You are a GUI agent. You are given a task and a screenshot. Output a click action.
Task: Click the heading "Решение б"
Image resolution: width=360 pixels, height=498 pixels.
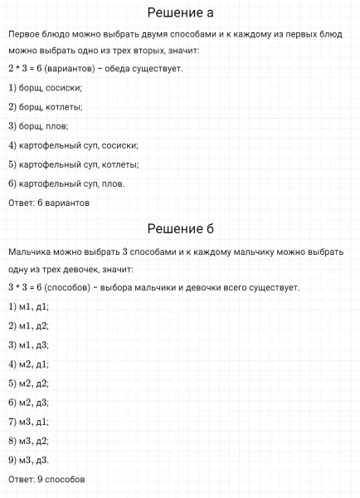pyautogui.click(x=180, y=228)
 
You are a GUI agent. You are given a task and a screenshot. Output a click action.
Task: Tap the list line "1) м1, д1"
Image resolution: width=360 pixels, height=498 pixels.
pyautogui.click(x=28, y=306)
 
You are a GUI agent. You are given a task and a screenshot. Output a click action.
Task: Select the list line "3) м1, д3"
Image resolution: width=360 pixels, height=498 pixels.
pyautogui.click(x=28, y=344)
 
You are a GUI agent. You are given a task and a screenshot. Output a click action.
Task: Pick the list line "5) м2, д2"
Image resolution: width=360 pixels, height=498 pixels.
pyautogui.click(x=28, y=383)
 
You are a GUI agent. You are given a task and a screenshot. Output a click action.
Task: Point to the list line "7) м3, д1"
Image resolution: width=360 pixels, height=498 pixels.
pyautogui.click(x=28, y=422)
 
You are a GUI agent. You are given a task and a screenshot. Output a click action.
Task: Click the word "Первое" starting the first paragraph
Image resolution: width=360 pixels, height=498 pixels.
pyautogui.click(x=23, y=35)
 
